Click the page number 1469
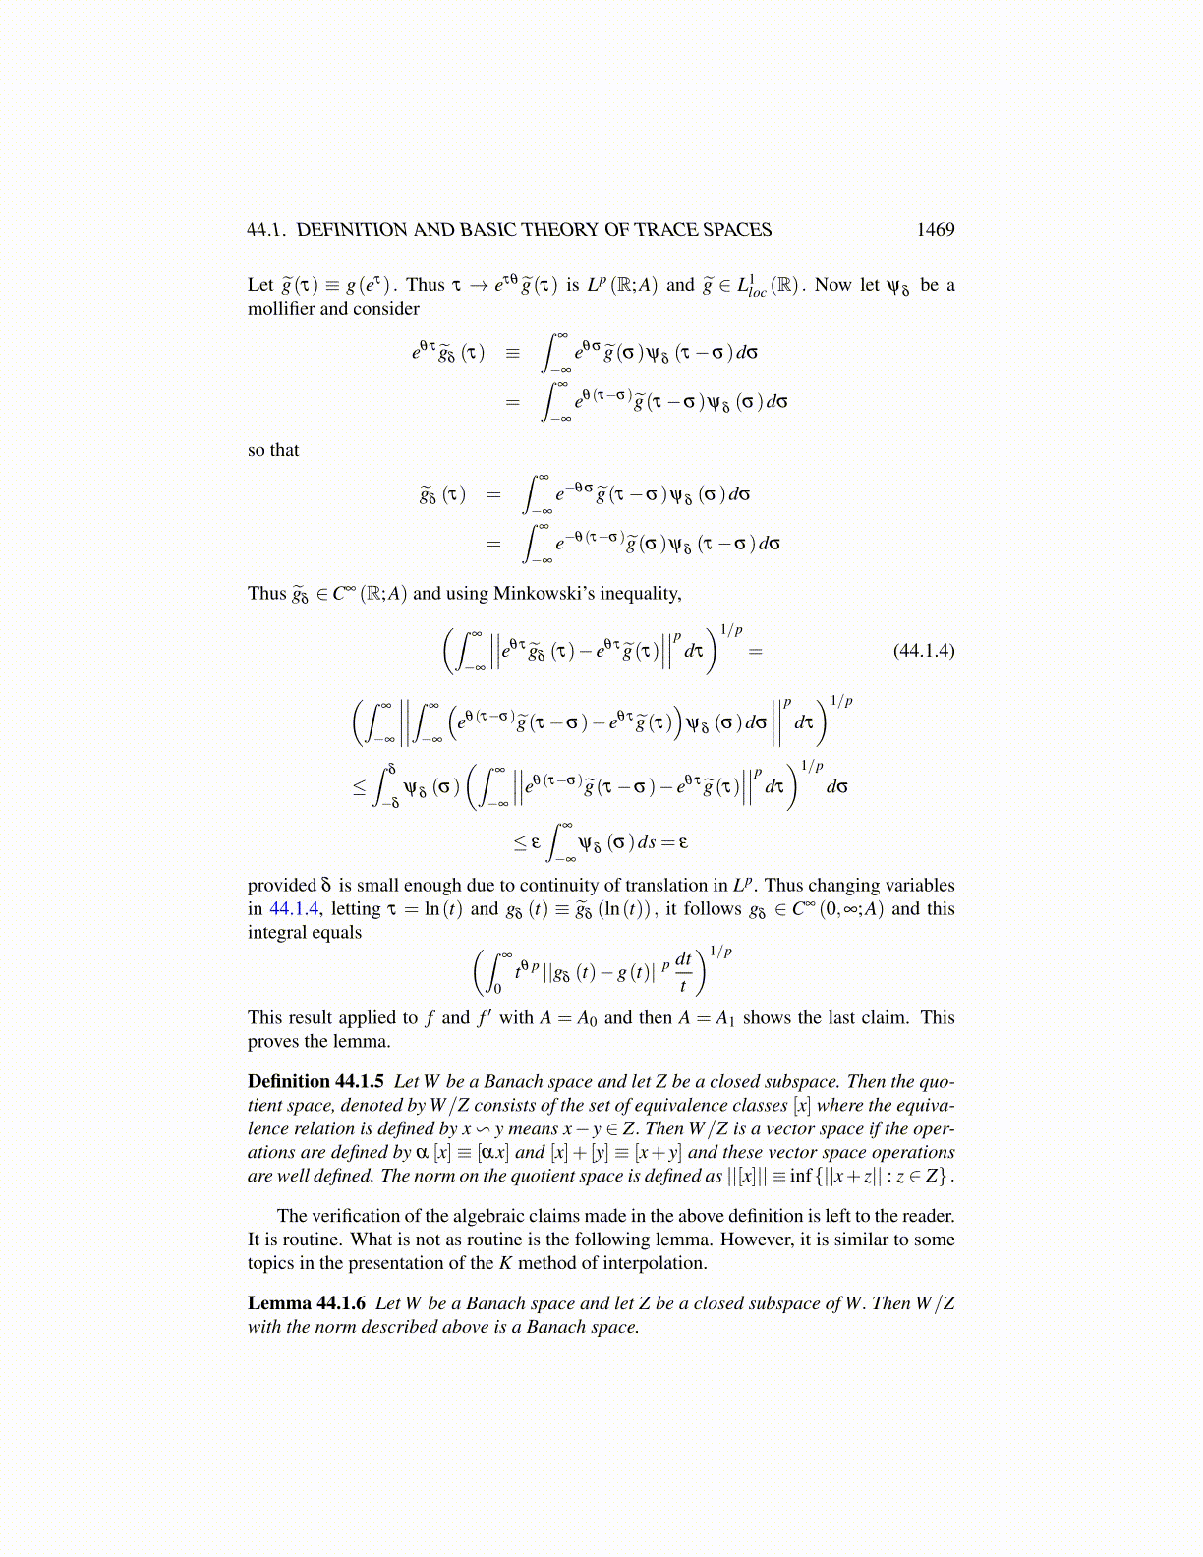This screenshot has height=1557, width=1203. tap(935, 230)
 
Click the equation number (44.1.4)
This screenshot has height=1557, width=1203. tap(923, 651)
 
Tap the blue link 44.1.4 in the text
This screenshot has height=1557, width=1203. tap(294, 909)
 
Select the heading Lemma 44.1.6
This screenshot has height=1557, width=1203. tap(307, 1303)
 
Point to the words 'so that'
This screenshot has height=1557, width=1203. tap(273, 450)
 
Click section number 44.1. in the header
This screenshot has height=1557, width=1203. tap(266, 230)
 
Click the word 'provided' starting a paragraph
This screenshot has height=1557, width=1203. tap(281, 886)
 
